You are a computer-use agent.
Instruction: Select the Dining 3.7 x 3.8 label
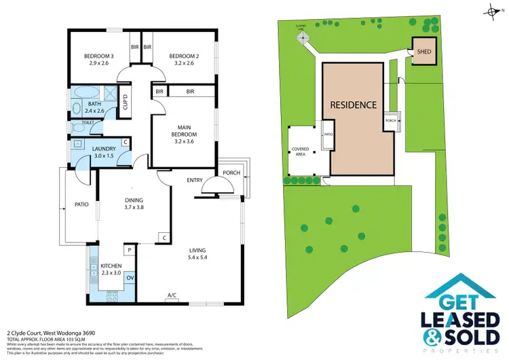(x=134, y=204)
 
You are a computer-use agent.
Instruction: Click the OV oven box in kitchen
(x=129, y=277)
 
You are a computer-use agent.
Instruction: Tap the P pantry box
(x=129, y=249)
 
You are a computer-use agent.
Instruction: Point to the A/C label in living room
(x=172, y=295)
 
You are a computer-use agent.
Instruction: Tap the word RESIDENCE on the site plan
(x=354, y=105)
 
